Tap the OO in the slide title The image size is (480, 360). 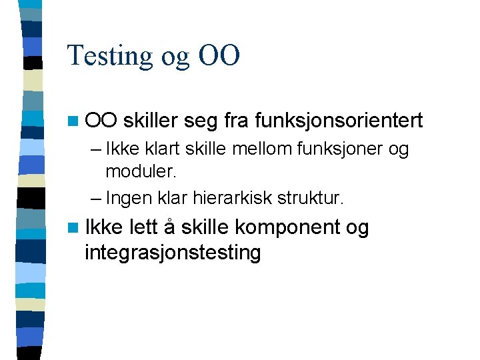click(x=219, y=55)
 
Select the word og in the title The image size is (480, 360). click(x=176, y=57)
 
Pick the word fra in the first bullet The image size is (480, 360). click(x=239, y=121)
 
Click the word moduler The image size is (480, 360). click(x=141, y=172)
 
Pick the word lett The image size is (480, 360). click(x=144, y=228)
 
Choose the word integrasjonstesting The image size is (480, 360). click(x=173, y=253)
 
